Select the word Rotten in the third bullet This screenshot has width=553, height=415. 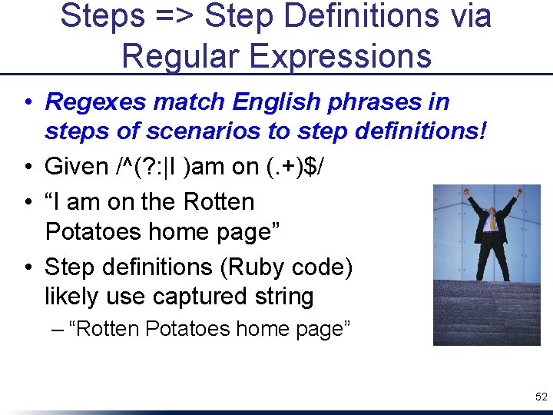[x=219, y=202]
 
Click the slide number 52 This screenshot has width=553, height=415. [x=541, y=397]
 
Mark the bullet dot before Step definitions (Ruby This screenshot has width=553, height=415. [x=27, y=267]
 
